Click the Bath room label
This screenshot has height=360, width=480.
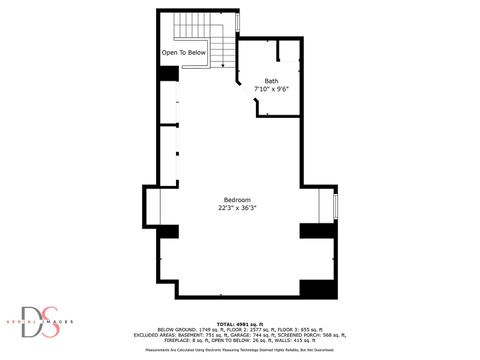(271, 80)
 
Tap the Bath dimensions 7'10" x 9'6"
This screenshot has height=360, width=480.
(271, 89)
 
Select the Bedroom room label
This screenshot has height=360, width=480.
(236, 199)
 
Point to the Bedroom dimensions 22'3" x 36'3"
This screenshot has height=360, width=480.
(236, 208)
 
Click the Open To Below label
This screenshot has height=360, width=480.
(184, 52)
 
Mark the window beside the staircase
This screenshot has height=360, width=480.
(237, 22)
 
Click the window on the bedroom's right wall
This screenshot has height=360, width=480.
(335, 206)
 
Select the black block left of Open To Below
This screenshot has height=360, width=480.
(168, 73)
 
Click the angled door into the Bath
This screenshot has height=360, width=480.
(240, 76)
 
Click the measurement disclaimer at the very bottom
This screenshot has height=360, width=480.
(240, 351)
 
